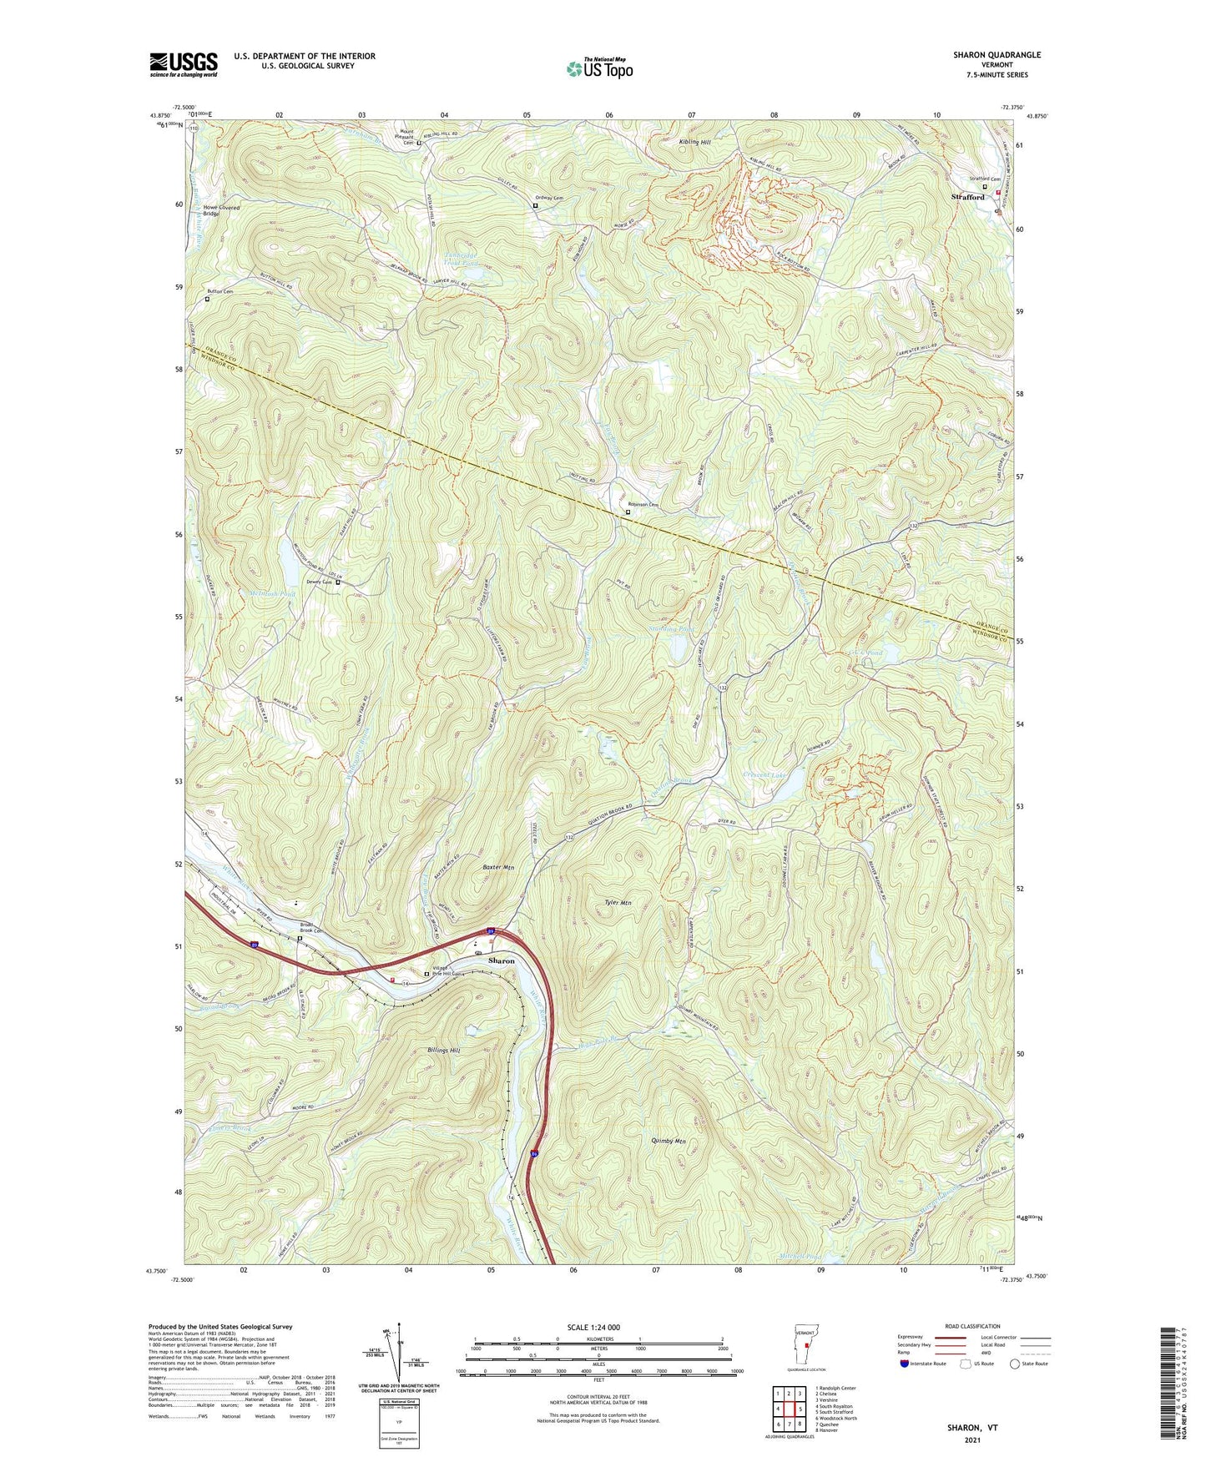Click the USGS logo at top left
coord(184,63)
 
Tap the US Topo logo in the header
coord(599,68)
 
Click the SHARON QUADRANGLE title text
coord(997,55)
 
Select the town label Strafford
coord(968,197)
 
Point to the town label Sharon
coord(502,960)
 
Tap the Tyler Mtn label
coord(617,903)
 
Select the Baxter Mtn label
coord(498,867)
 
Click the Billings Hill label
coord(444,1050)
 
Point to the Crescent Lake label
coord(764,775)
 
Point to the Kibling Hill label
coord(694,143)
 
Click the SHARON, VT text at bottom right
coord(971,1428)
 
